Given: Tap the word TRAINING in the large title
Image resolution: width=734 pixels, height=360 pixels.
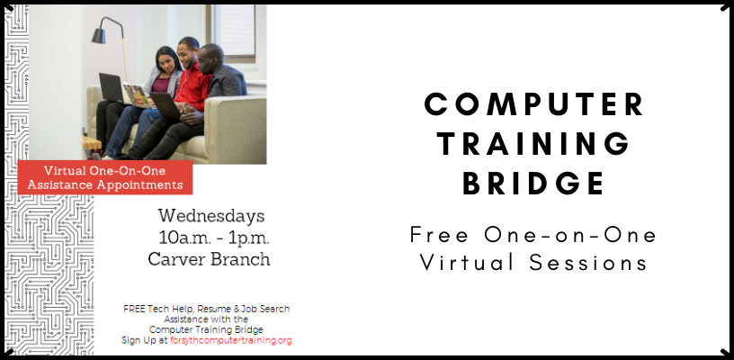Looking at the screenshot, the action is [533, 143].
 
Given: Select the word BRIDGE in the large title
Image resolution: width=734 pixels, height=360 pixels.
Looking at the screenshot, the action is [533, 183].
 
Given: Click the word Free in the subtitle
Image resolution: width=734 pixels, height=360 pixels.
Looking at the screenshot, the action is [439, 235].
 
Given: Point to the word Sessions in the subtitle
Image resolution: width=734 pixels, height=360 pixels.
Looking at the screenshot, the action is [588, 262].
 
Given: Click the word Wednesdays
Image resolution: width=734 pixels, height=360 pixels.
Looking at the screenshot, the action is [211, 216].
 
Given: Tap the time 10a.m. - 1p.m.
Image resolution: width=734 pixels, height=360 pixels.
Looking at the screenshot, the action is [214, 238].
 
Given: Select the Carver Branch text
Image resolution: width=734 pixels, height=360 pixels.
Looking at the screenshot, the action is [209, 259].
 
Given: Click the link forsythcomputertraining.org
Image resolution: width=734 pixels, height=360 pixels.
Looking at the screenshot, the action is [231, 340].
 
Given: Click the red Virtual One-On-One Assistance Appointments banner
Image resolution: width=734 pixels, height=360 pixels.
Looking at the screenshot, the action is [105, 177].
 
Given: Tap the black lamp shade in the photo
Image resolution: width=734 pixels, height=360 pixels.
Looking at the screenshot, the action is [98, 36].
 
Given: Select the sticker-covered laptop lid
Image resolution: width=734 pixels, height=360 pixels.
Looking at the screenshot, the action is [139, 96].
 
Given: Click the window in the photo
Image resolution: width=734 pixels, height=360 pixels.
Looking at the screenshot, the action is [233, 31].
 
